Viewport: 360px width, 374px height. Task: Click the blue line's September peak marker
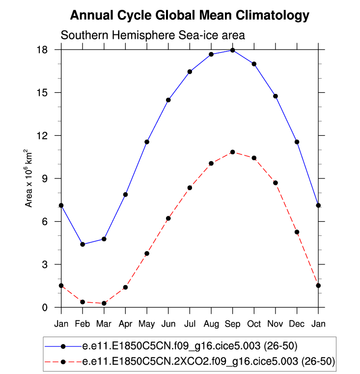pos(232,50)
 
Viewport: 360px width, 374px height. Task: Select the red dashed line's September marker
pos(232,152)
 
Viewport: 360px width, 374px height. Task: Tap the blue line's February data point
pos(83,244)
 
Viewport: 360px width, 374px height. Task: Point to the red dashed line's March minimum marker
pos(104,303)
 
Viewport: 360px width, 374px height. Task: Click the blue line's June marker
pos(168,100)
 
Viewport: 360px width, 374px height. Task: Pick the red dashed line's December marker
pos(297,232)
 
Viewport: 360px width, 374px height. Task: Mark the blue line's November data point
pos(276,96)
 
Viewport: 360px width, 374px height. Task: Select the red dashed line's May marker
pos(147,254)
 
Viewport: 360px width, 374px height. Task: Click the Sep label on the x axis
pos(232,324)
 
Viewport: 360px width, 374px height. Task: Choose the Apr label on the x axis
pos(125,324)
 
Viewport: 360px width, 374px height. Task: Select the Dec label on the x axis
pos(297,324)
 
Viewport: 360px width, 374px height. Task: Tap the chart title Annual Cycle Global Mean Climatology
pos(190,15)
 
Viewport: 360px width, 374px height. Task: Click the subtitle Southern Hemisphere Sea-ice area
pos(152,35)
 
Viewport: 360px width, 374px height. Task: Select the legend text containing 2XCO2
pos(208,362)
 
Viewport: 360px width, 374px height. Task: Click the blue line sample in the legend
pos(63,346)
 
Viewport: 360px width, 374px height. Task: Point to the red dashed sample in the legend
pos(63,362)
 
